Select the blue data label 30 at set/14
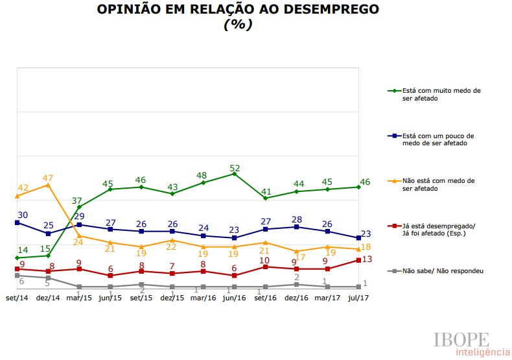(x=23, y=215)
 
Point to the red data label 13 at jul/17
(x=366, y=259)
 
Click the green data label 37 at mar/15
(x=78, y=200)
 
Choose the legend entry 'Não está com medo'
(x=439, y=184)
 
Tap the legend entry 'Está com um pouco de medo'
(x=439, y=139)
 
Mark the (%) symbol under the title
(x=238, y=25)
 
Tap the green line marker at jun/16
(x=235, y=174)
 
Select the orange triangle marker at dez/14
(x=47, y=185)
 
